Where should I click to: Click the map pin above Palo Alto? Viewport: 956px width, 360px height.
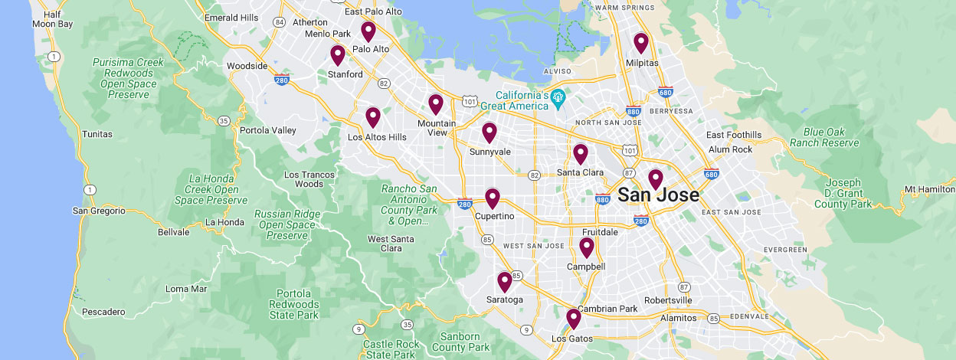coord(368,31)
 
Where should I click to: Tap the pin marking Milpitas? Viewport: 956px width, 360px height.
coord(641,43)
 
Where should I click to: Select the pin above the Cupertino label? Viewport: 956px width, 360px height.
coord(493,198)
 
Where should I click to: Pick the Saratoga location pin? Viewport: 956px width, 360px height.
coord(505,282)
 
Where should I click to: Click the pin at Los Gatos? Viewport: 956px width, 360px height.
coord(574,319)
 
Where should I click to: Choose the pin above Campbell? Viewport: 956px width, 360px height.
coord(586,247)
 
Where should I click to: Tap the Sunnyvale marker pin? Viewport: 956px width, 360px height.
coord(489,133)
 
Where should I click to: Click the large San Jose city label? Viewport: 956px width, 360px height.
coord(658,195)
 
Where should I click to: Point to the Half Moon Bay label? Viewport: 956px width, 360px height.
coord(53,19)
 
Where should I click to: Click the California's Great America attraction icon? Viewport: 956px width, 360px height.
coord(559,96)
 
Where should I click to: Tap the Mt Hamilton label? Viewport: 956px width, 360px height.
coord(929,189)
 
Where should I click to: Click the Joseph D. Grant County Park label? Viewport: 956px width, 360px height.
coord(843,194)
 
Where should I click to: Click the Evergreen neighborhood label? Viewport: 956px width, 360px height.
coord(785,250)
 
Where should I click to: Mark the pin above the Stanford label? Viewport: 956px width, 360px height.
coord(338,55)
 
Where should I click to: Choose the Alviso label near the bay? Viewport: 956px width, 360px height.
coord(557,71)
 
